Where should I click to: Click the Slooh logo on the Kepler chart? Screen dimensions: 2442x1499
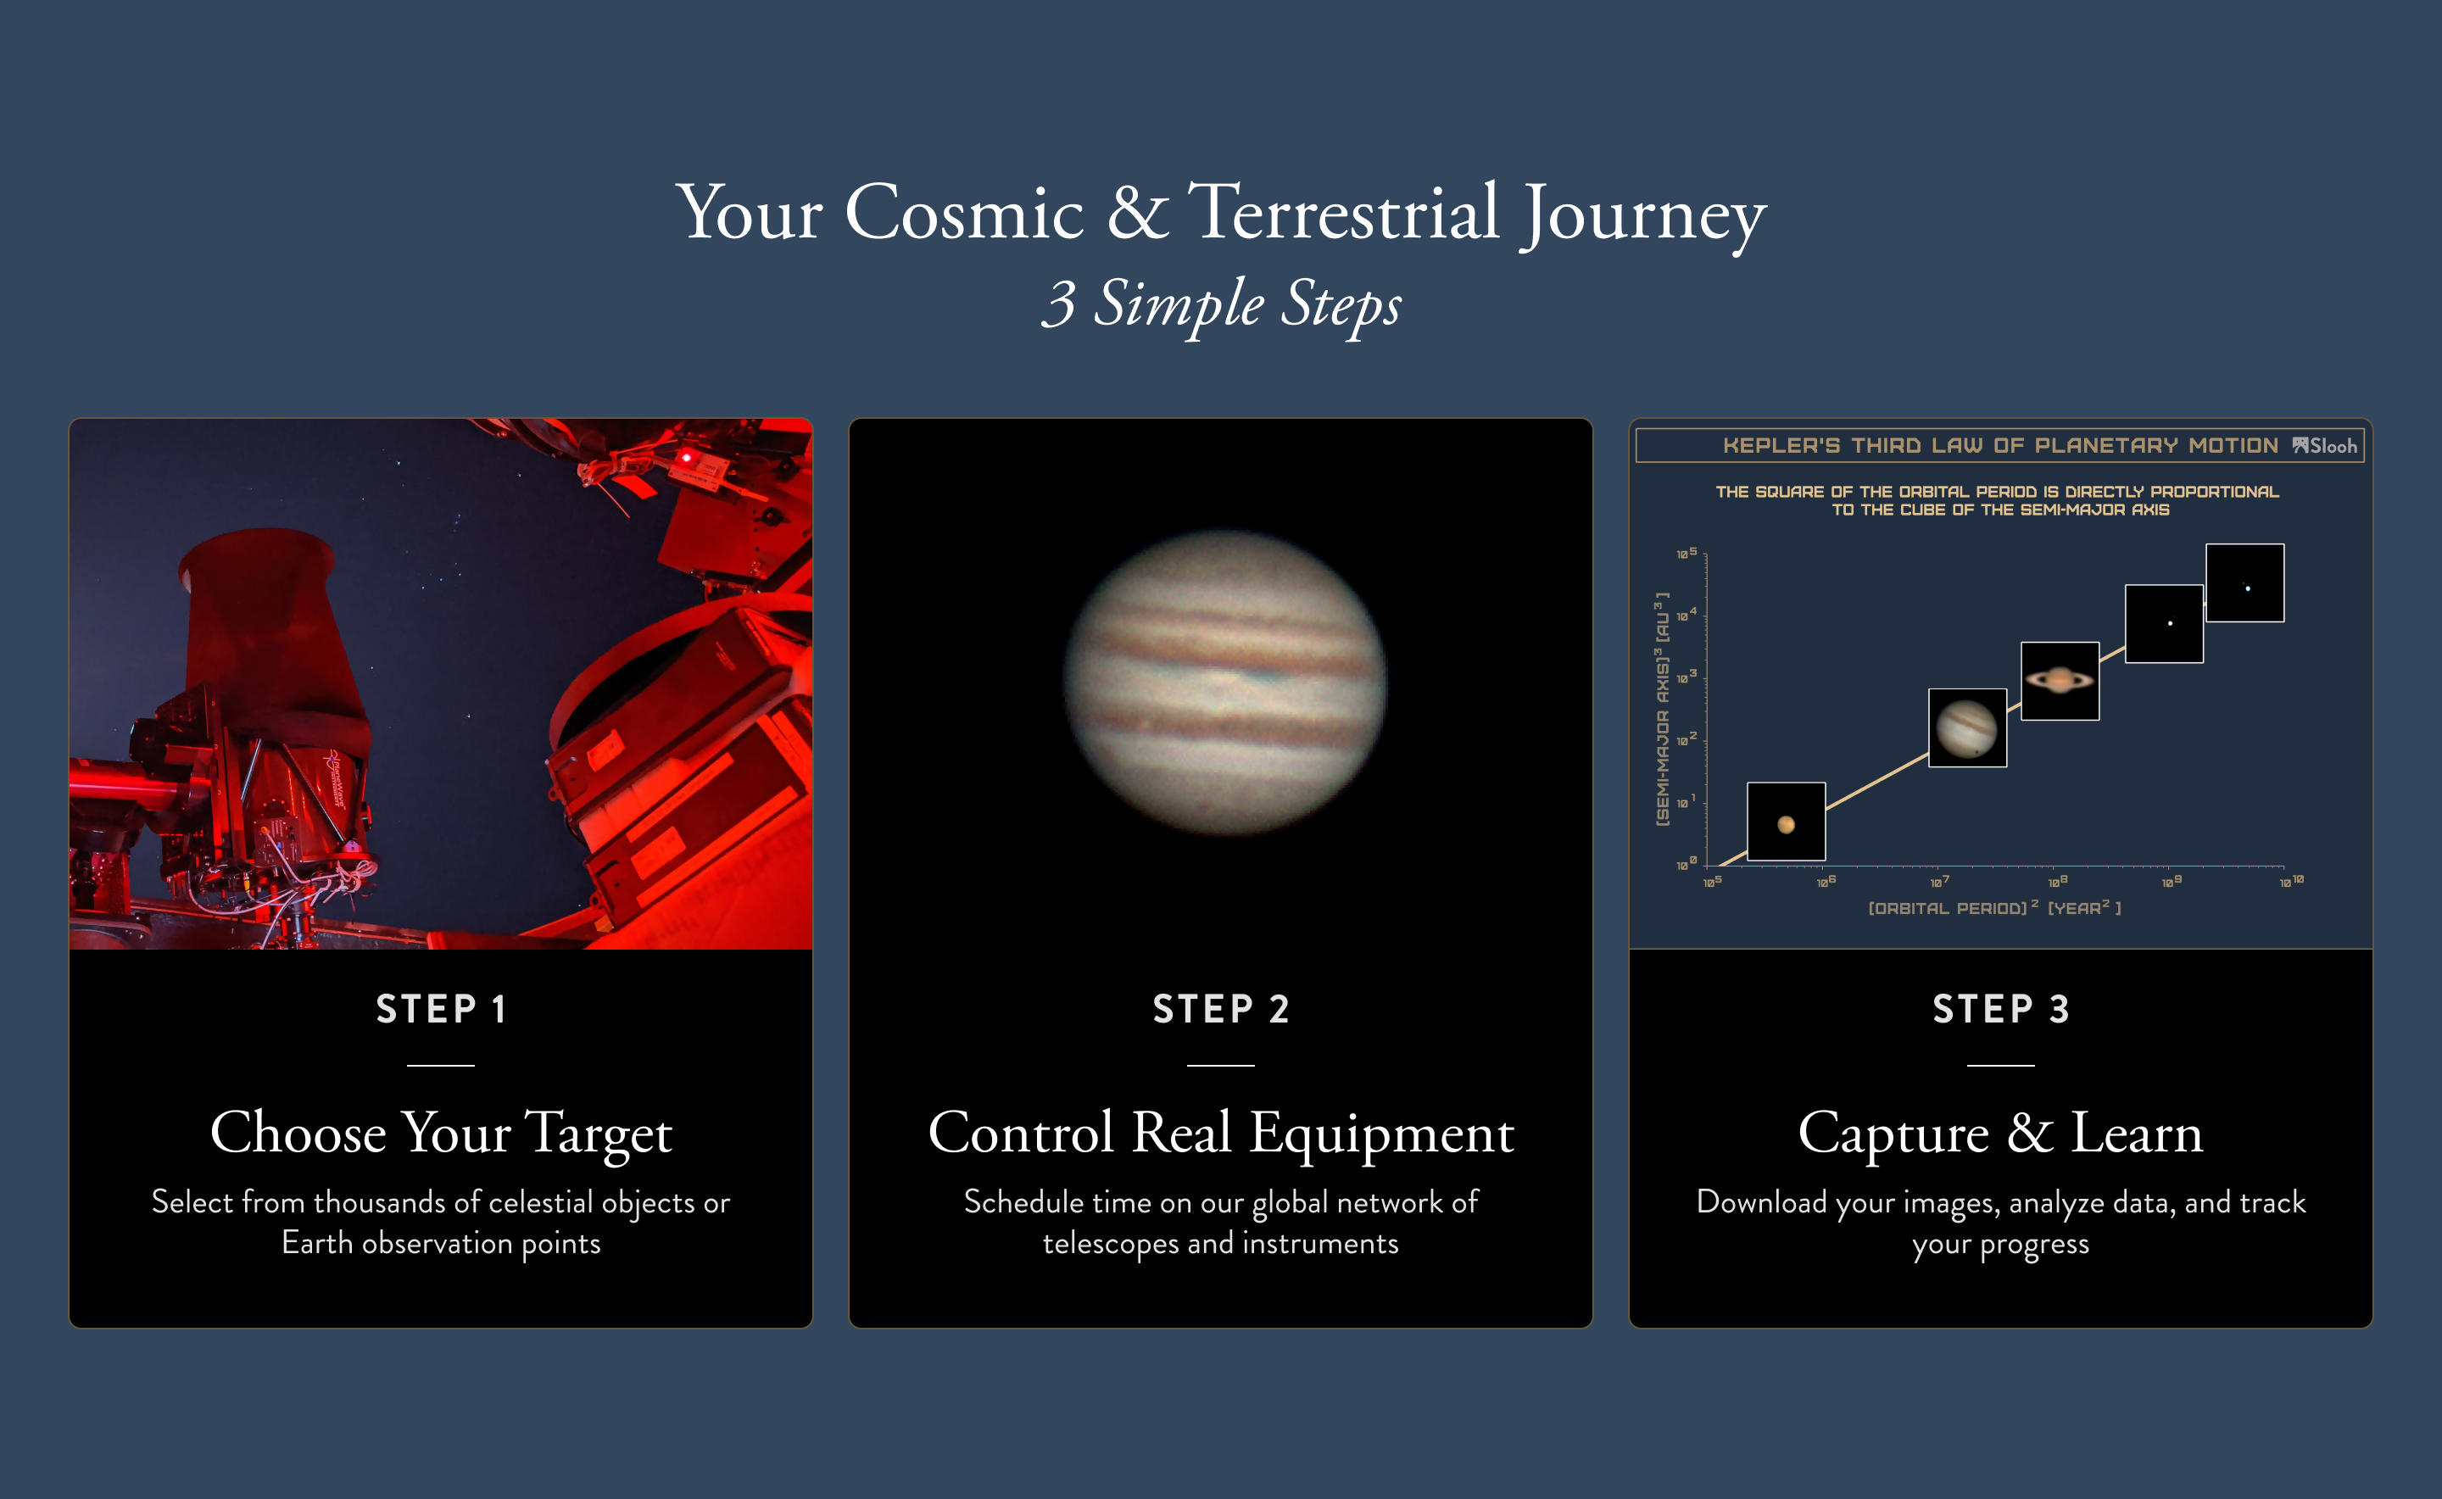[x=2324, y=446]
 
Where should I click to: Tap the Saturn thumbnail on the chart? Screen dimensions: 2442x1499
[x=2060, y=681]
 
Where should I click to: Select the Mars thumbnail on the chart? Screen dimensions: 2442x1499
[x=1786, y=822]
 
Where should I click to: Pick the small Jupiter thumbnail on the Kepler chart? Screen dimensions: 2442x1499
[x=1967, y=727]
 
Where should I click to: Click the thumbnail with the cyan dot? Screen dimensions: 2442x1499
[x=2244, y=583]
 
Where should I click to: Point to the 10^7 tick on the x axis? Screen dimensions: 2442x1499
[x=1939, y=880]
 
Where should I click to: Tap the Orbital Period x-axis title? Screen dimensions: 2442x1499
[x=1993, y=907]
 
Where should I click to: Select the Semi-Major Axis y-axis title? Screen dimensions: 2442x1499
[x=1663, y=709]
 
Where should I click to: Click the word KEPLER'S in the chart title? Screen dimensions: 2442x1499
[x=1781, y=446]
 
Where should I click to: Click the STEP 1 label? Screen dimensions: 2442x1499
[x=441, y=1009]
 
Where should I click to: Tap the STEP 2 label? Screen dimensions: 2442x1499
[x=1220, y=1009]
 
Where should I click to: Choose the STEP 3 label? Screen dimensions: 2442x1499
[x=2001, y=1009]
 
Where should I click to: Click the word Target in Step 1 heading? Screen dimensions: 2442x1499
[x=598, y=1134]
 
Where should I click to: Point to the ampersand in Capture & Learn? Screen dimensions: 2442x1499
[x=2030, y=1132]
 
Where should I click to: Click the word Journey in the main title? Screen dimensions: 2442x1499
[x=1644, y=215]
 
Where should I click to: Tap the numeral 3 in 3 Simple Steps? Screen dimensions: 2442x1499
[x=1059, y=304]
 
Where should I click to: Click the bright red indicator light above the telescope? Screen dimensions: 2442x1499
[x=685, y=457]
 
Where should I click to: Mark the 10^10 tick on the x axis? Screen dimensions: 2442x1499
[x=2291, y=880]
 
